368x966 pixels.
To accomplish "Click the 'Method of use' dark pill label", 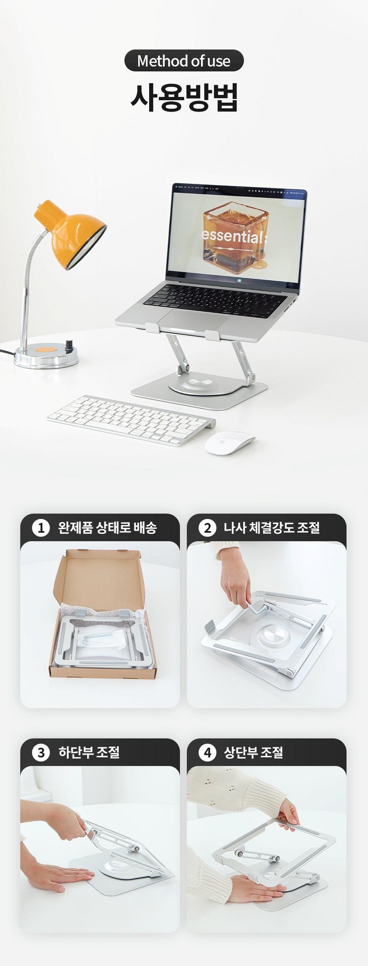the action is (x=184, y=60).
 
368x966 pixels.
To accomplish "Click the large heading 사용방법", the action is (x=184, y=97).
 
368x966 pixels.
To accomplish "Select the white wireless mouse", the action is (x=230, y=443).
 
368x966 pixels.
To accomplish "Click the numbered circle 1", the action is (x=41, y=528).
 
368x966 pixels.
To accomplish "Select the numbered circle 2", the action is (x=207, y=528).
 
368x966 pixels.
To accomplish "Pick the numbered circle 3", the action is (x=41, y=752).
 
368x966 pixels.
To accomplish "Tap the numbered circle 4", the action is (x=207, y=752).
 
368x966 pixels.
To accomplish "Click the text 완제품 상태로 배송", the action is (x=107, y=528).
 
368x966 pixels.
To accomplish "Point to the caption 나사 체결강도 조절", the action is (x=272, y=528).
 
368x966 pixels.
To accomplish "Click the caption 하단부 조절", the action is (x=89, y=752).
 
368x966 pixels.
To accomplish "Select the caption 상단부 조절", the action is (x=253, y=752).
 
